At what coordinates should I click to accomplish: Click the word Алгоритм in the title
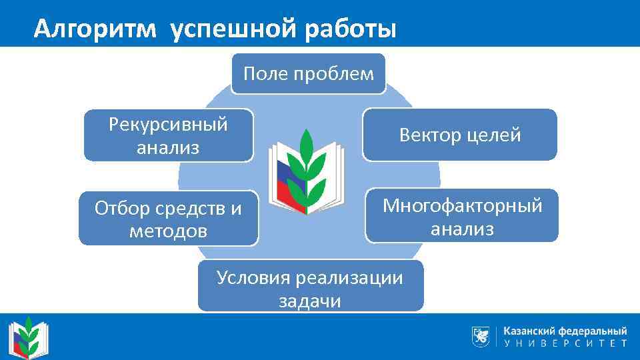[96, 29]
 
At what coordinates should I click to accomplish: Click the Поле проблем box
[308, 74]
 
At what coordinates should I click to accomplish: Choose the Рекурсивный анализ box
[168, 135]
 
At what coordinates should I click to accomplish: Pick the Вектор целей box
[459, 135]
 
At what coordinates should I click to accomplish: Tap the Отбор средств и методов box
[168, 219]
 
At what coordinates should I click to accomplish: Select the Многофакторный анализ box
[462, 216]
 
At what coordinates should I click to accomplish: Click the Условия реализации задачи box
[310, 287]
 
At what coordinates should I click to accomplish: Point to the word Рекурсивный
[168, 124]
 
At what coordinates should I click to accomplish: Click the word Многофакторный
[462, 205]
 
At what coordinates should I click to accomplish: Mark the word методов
[169, 231]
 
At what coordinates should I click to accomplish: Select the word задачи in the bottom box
[310, 301]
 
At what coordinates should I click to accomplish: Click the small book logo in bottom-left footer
[28, 337]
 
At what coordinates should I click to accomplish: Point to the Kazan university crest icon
[480, 337]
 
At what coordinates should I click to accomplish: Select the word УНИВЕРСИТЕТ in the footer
[565, 344]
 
